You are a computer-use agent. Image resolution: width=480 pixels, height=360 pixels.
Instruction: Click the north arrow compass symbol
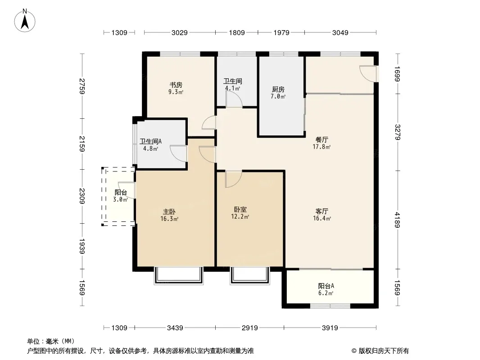[25, 21]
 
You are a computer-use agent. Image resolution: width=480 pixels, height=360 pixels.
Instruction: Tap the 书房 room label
[176, 85]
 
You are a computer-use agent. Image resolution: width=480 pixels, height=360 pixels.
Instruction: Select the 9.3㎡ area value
[176, 92]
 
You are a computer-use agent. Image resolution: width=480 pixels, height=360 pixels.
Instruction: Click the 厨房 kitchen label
[278, 89]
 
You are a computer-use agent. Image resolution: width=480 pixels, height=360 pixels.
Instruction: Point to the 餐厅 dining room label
[322, 140]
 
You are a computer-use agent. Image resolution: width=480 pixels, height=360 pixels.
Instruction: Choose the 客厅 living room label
[322, 211]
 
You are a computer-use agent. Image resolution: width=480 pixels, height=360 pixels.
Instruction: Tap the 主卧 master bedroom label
[169, 211]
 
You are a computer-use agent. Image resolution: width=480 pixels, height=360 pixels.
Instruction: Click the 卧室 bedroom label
[240, 210]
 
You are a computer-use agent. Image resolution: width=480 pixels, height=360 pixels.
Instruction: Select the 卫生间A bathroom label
[150, 142]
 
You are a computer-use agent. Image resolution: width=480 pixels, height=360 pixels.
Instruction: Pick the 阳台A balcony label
[326, 286]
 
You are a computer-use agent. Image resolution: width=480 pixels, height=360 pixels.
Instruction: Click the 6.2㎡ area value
[326, 293]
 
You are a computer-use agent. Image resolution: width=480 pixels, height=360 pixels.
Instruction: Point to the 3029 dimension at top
[179, 33]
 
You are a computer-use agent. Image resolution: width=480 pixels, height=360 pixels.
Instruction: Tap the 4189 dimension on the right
[397, 220]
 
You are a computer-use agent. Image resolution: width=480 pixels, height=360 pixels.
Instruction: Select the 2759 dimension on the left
[82, 86]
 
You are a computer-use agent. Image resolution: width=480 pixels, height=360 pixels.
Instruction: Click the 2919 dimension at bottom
[250, 328]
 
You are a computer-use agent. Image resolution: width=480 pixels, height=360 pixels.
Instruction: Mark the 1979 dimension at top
[281, 33]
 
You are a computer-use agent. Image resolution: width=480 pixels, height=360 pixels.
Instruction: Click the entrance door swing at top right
[367, 73]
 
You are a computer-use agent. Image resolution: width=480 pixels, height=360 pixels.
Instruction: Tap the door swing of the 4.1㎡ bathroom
[234, 99]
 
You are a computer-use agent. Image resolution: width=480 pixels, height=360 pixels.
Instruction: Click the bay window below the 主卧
[179, 276]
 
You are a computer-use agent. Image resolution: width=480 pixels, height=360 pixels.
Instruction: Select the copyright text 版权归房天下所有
[384, 351]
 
